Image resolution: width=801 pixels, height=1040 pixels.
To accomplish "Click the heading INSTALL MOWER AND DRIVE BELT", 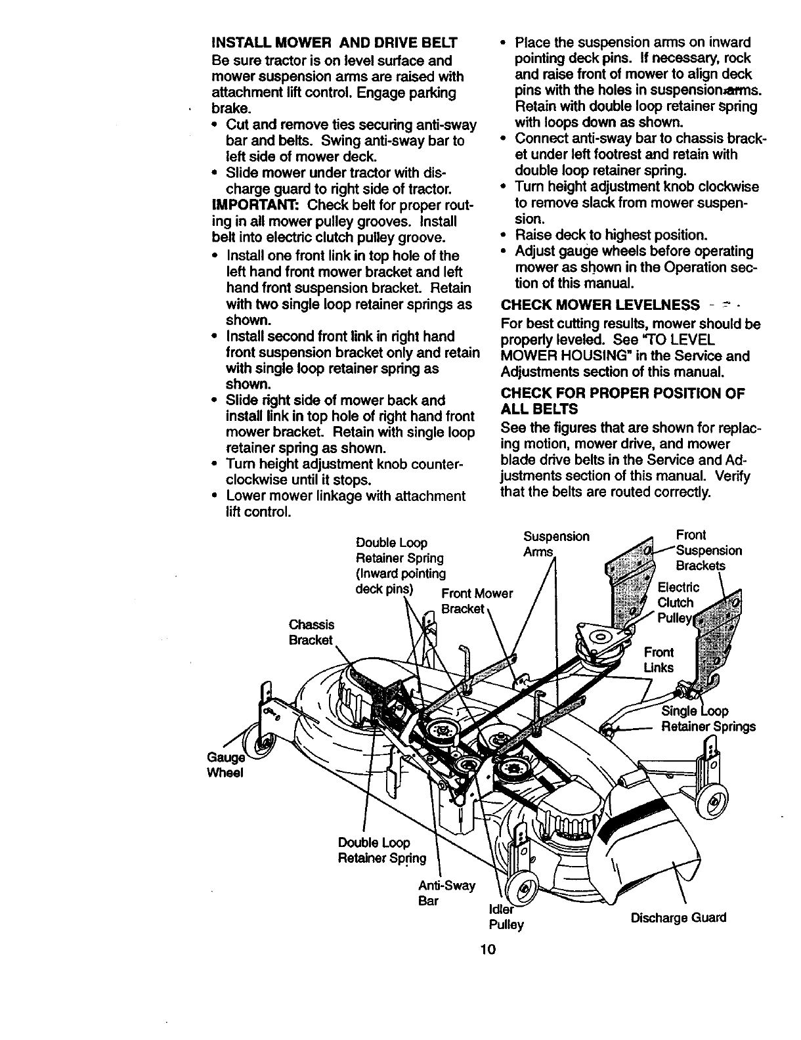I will click(x=334, y=44).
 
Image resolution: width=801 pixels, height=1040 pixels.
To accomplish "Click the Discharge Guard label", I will click(x=678, y=917).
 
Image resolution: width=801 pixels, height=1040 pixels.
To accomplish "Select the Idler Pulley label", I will click(x=506, y=917).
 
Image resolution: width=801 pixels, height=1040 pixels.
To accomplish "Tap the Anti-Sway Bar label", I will click(x=446, y=893).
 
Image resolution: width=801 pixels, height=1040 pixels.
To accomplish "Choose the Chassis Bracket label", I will click(x=312, y=632).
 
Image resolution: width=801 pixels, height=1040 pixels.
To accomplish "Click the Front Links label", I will click(x=659, y=660).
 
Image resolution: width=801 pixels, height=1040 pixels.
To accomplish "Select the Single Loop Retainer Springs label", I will click(x=708, y=719).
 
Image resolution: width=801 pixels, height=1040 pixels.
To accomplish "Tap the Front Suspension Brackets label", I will click(x=708, y=550).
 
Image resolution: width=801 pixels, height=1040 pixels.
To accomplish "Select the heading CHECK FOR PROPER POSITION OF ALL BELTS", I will click(x=622, y=401).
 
